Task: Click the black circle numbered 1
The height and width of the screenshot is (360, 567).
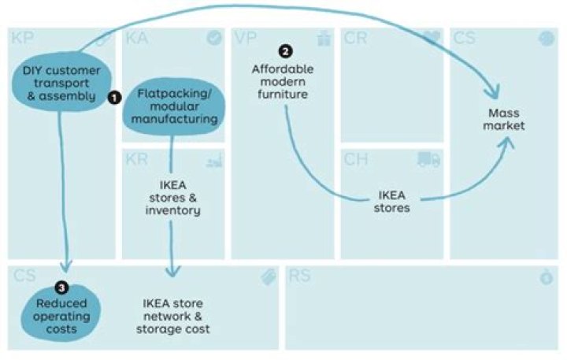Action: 114,98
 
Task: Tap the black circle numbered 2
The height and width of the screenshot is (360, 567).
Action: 285,50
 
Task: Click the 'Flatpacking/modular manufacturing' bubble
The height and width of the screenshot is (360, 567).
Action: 174,106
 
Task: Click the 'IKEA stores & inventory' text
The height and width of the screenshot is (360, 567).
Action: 173,199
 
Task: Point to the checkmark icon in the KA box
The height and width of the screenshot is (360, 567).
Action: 213,38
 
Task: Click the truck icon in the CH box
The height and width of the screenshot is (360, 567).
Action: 428,160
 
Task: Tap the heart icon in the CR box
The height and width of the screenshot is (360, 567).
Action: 431,38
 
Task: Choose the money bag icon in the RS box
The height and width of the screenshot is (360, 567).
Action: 546,277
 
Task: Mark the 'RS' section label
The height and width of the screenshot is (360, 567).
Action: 300,276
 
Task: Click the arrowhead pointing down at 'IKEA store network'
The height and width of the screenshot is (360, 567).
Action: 172,270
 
